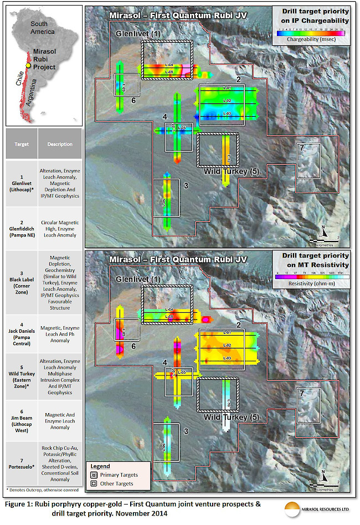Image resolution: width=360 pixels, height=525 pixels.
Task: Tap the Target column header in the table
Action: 20,144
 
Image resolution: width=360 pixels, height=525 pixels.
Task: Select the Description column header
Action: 60,144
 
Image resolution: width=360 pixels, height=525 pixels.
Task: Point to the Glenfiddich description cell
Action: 60,228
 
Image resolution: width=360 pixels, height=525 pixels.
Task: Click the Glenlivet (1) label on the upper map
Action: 137,34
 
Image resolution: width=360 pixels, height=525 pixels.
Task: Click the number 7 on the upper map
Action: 301,148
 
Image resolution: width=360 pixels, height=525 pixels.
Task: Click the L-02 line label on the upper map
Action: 227,101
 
